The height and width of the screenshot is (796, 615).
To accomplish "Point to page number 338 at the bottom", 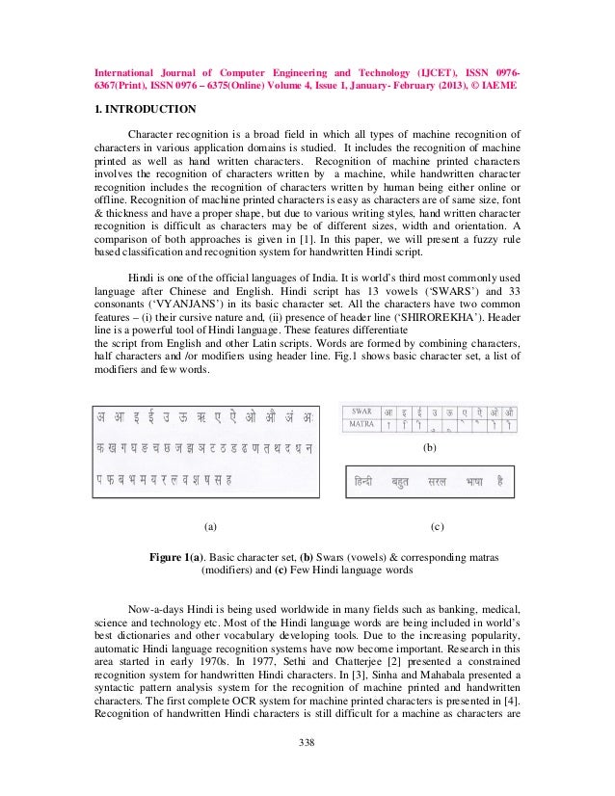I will (x=307, y=741).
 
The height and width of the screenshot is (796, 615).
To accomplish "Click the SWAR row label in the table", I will (x=362, y=411).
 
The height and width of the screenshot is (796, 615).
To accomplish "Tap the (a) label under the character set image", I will (x=210, y=527).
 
